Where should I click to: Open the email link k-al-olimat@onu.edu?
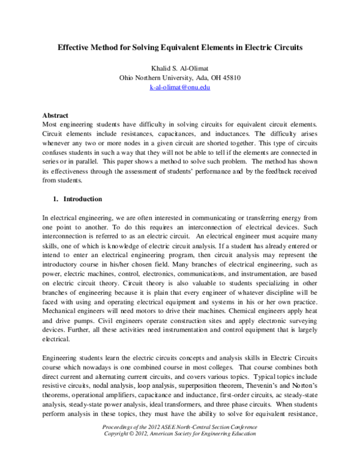180,88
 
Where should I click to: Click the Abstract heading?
55,115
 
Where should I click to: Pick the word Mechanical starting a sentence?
61,312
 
